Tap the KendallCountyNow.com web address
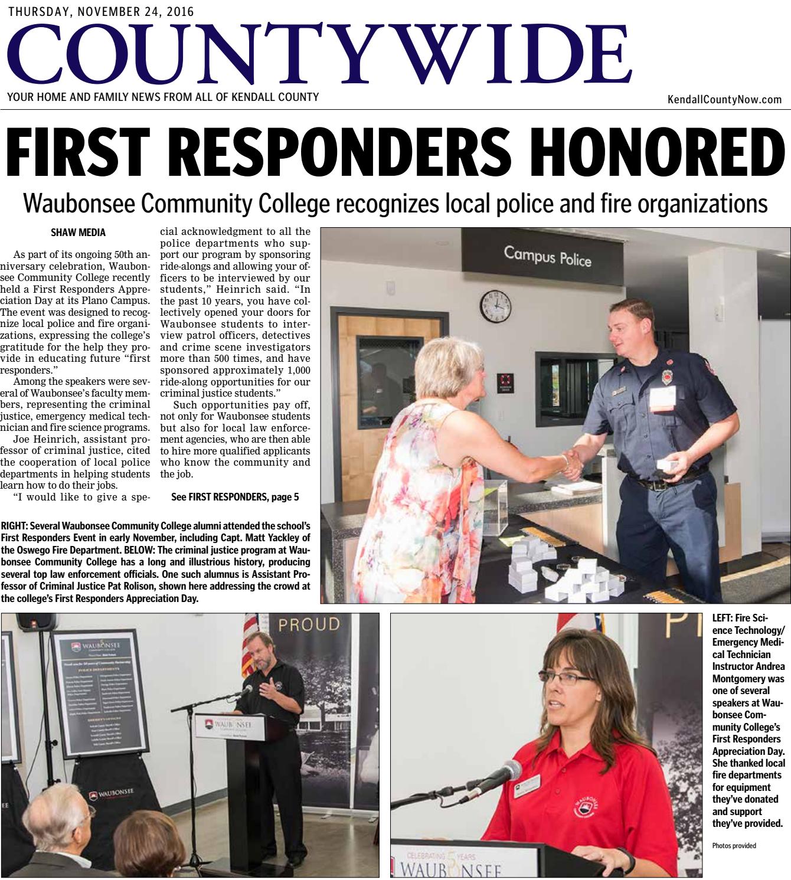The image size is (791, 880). click(724, 100)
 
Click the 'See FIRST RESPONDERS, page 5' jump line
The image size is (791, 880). click(234, 497)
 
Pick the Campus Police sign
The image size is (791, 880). click(547, 257)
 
